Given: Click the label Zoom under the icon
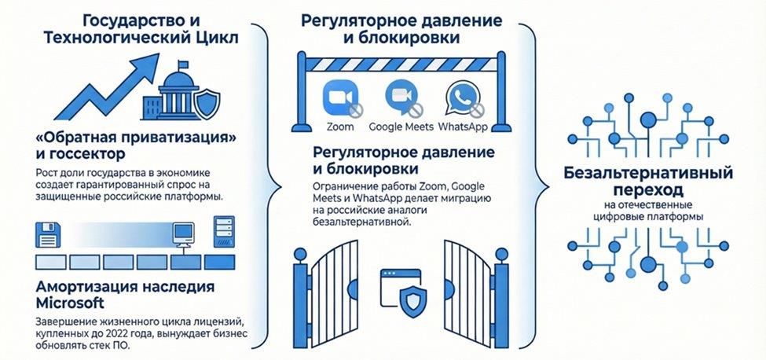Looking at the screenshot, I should [x=339, y=127].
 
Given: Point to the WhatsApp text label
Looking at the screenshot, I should [x=464, y=127].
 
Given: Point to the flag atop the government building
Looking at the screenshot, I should [x=182, y=65].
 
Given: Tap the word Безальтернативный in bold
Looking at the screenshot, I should [x=648, y=173].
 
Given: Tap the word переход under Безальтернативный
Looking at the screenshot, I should [x=648, y=190].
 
